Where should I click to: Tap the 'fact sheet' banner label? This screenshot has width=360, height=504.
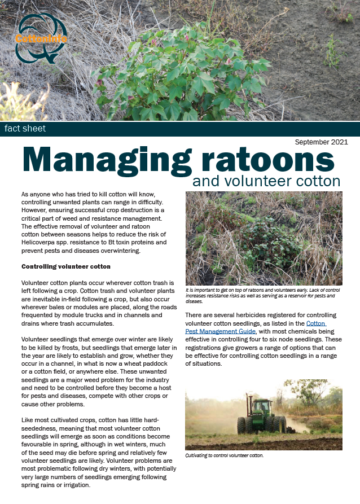(25, 129)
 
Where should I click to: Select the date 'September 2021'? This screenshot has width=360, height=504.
(321, 142)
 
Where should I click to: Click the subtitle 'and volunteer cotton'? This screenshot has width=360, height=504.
(266, 181)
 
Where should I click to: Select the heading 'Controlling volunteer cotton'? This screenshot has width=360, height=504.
(65, 266)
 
